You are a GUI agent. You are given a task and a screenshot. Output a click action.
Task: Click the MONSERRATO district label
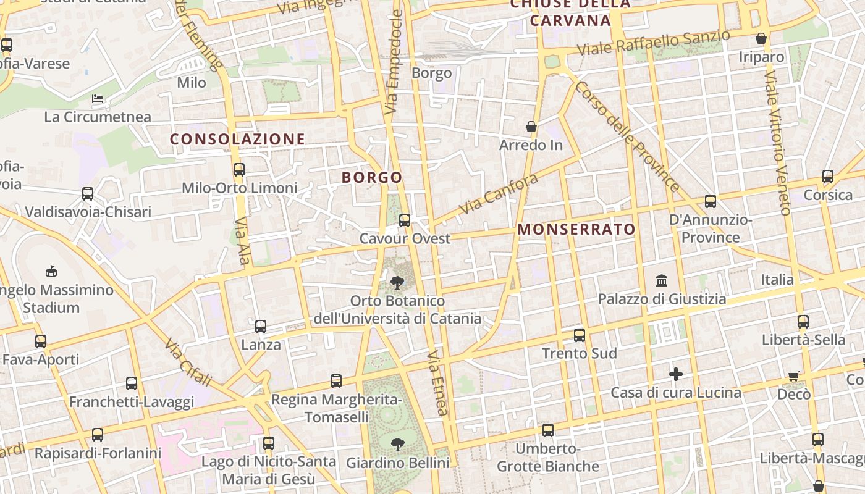tap(576, 230)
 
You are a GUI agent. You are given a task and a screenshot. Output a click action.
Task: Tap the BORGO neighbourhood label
tap(372, 178)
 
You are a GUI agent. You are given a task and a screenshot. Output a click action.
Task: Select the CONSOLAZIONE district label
tap(237, 140)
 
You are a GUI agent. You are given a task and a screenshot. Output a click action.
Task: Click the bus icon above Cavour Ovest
tap(405, 220)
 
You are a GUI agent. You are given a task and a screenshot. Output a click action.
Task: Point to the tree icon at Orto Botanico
tap(397, 283)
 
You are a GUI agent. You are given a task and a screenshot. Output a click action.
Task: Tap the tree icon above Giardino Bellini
tap(397, 444)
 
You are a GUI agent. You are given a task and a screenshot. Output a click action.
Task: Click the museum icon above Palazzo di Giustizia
tap(662, 281)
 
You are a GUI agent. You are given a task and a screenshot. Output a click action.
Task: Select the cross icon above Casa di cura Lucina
tap(676, 374)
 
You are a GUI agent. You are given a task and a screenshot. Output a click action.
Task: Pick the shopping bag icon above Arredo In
tap(531, 127)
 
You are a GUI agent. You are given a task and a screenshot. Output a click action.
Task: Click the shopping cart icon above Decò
tap(794, 375)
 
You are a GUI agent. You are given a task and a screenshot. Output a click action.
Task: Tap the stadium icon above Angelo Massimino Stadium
tap(51, 271)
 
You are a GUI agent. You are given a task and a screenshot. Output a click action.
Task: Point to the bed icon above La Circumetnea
tap(98, 98)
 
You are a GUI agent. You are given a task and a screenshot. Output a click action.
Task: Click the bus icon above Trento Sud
tap(579, 335)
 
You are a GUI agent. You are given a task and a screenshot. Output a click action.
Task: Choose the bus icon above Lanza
tap(261, 326)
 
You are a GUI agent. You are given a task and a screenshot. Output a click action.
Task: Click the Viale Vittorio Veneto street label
tap(777, 142)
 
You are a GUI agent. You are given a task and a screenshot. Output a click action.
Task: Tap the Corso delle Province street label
tap(627, 135)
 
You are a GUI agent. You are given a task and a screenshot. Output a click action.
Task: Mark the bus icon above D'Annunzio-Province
tap(711, 201)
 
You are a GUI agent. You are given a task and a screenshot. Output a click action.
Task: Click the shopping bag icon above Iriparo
tap(761, 38)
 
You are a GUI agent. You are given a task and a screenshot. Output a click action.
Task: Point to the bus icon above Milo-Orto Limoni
tap(239, 169)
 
